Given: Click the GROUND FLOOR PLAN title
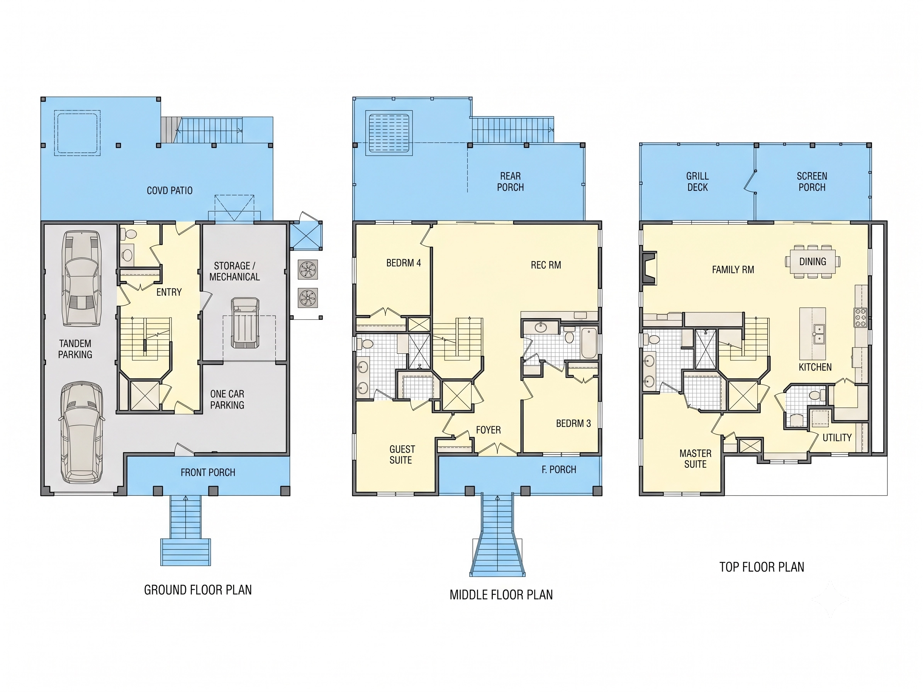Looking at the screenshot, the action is coord(198,590).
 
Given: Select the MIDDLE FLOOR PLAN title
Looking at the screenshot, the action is coord(501,594).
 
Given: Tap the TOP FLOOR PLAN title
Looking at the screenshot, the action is coord(762,567).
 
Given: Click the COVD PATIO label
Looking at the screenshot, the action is coord(170,191).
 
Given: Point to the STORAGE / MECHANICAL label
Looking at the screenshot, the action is coord(234,271).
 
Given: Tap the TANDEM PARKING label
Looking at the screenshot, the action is coord(75,349).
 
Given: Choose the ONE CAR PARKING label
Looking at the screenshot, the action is coord(227,399).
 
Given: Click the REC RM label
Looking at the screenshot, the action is coord(546,265).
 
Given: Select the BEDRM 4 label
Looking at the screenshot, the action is coord(404,263).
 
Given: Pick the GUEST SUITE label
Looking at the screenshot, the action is coord(402,455).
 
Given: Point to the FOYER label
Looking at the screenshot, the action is coord(488,430).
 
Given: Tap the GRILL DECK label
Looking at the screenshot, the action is coord(697,181).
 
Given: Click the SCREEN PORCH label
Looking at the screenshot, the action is coord(812,181).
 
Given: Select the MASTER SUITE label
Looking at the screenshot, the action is coord(695,458).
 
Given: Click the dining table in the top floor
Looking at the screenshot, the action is coord(813,261).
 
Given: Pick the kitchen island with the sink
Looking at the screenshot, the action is coord(813,334).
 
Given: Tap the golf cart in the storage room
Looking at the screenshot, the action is coord(245,323).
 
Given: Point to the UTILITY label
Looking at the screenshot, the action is coord(837,438).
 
